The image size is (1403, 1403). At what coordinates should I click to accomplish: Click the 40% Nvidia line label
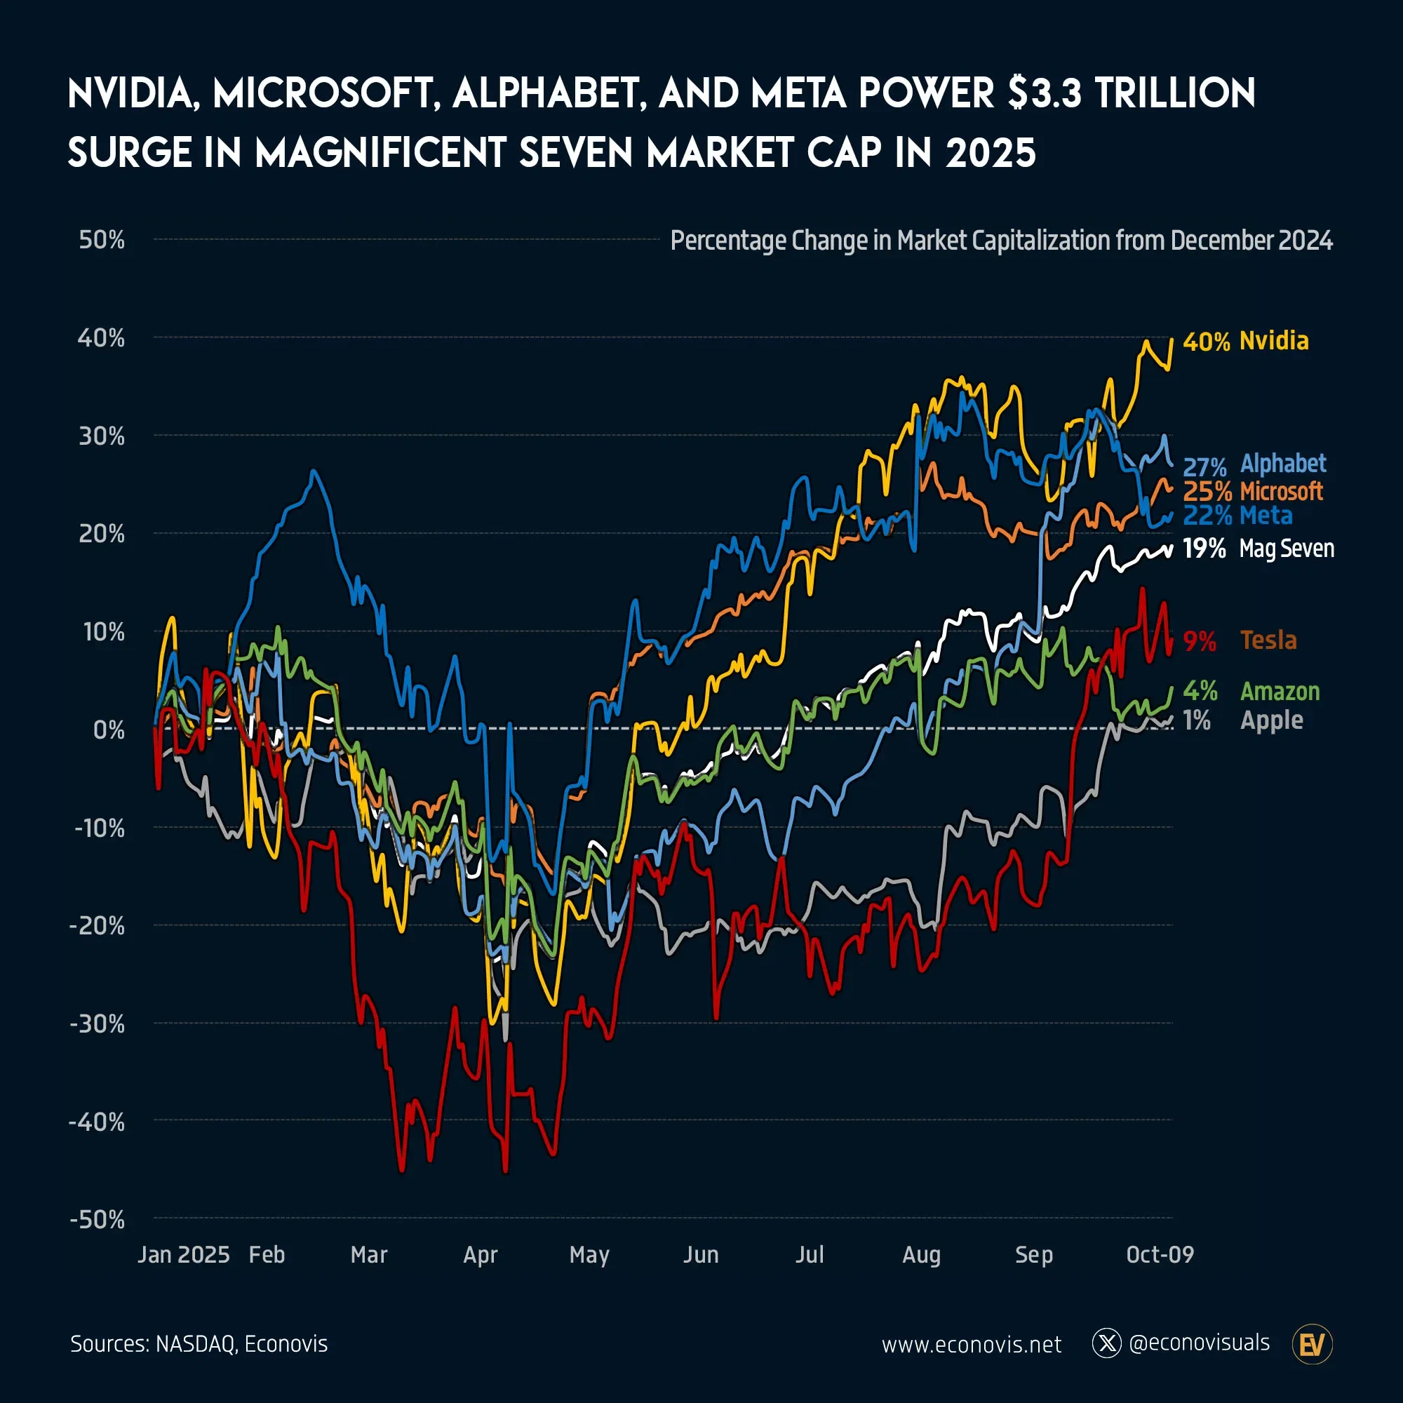[1245, 342]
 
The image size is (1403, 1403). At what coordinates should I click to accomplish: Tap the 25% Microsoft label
[1253, 492]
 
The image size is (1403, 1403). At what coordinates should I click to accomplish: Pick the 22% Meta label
[1237, 516]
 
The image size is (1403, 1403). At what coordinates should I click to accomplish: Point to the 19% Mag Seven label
[1258, 549]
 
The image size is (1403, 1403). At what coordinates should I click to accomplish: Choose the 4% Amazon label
[1251, 692]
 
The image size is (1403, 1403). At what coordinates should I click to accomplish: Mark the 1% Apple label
[1242, 720]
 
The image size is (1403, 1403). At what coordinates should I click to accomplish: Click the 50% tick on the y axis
[102, 240]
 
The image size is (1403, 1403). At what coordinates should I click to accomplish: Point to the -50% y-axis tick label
[98, 1219]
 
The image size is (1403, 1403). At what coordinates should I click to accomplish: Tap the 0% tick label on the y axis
[109, 730]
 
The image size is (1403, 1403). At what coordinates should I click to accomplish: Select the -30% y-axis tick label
[98, 1024]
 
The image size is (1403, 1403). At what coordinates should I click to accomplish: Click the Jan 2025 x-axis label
[184, 1255]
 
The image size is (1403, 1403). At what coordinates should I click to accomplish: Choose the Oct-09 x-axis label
[1160, 1255]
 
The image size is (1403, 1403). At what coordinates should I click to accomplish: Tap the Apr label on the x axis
[480, 1255]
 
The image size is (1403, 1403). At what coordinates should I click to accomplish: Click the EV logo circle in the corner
[1313, 1344]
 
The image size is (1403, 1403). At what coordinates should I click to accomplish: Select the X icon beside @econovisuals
[1107, 1344]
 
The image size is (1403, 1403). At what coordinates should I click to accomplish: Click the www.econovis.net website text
[971, 1345]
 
